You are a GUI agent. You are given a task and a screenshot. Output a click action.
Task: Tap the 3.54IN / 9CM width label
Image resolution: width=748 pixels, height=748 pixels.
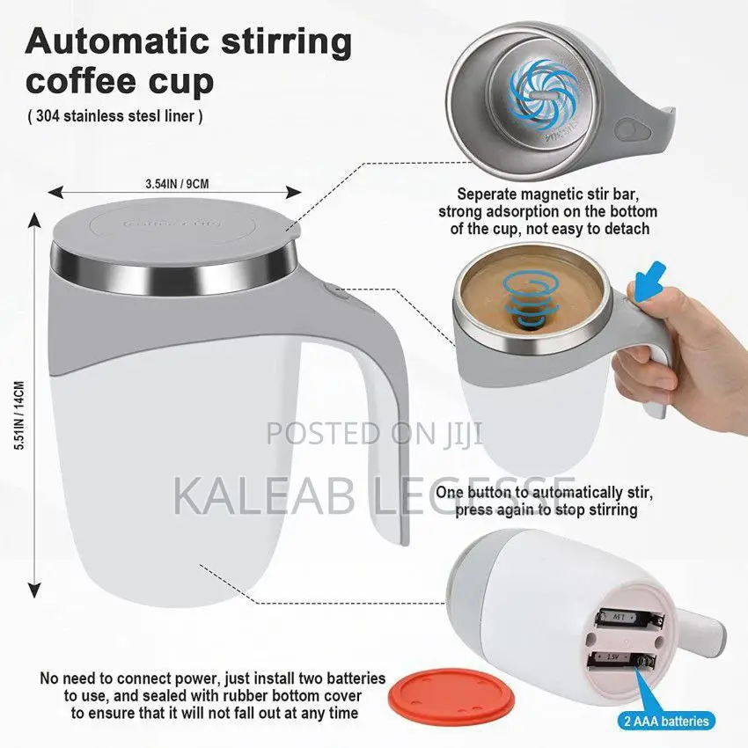point(177,183)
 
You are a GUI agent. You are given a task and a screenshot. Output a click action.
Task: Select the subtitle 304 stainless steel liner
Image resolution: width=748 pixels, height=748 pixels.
point(114,117)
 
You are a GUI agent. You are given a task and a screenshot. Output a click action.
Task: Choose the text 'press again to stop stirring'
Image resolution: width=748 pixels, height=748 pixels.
point(546,510)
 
